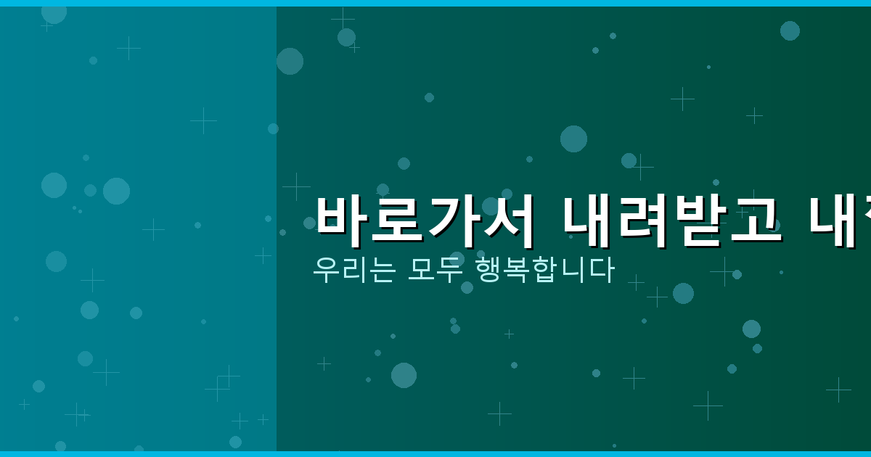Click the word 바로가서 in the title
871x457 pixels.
pyautogui.click(x=425, y=221)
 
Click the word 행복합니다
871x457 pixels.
pyautogui.click(x=544, y=270)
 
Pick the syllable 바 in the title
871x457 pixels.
pyautogui.click(x=343, y=221)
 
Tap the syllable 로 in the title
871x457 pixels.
pyautogui.click(x=398, y=221)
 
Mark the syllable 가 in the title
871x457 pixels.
pyautogui.click(x=453, y=221)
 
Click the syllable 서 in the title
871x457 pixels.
pyautogui.click(x=508, y=221)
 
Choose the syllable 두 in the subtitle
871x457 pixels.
pyautogui.click(x=449, y=270)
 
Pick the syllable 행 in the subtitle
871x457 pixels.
pyautogui.click(x=488, y=270)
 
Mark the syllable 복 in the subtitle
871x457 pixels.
pyautogui.click(x=516, y=270)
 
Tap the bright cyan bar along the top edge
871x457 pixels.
pyautogui.click(x=435, y=3)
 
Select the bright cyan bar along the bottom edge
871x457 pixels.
pyautogui.click(x=435, y=454)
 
